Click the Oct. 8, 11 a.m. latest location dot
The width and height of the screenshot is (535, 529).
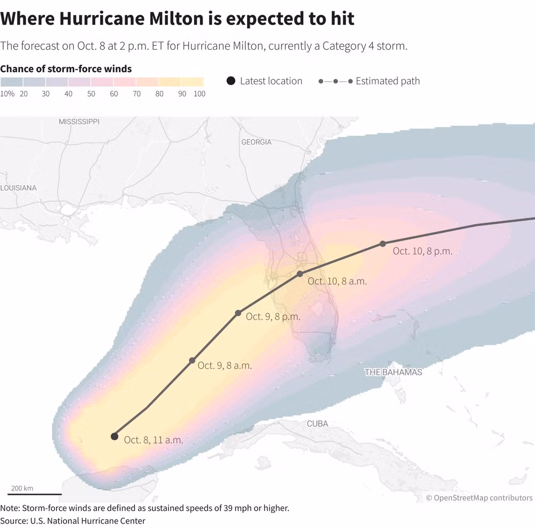point(114,437)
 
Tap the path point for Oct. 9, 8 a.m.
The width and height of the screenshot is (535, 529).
point(192,361)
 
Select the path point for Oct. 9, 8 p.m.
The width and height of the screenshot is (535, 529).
point(238,313)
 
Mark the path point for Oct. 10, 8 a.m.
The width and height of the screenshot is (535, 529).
point(300,274)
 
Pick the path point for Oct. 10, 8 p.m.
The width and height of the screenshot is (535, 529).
point(383,244)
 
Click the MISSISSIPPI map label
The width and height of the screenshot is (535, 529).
point(79,122)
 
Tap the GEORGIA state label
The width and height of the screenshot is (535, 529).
point(256,142)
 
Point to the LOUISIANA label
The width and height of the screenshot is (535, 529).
point(19,188)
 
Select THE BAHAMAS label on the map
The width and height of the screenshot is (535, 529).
point(393,372)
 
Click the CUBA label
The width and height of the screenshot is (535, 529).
point(317,424)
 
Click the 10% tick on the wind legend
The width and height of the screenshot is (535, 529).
point(7,94)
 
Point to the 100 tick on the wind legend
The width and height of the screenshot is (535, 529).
point(199,94)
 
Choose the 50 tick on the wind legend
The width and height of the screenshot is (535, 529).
point(91,94)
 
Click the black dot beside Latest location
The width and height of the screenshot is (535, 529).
point(231,81)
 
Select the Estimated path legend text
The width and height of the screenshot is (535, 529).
point(387,81)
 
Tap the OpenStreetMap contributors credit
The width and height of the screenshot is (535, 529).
point(479,498)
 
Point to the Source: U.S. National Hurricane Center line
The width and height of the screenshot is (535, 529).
point(73,520)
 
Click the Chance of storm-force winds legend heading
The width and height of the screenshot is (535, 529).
point(66,68)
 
